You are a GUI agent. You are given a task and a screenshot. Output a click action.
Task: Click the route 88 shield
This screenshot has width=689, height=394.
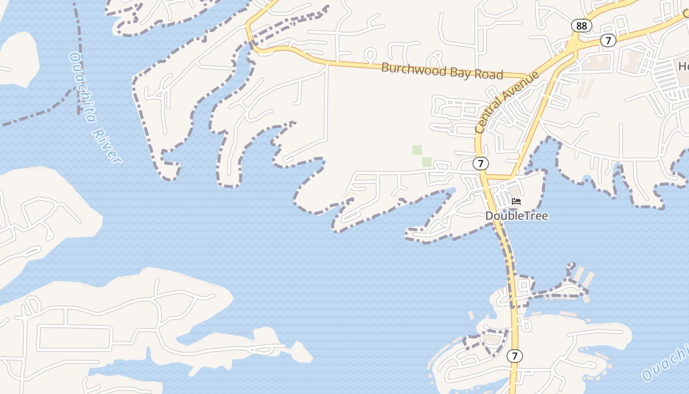tap(581, 26)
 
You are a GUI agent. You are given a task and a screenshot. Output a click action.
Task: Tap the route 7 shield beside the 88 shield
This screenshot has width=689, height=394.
tap(608, 40)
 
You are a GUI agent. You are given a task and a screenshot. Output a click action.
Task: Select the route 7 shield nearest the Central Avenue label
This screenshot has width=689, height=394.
tap(481, 163)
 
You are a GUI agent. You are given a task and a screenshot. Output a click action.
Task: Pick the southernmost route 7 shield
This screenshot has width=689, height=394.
tap(514, 356)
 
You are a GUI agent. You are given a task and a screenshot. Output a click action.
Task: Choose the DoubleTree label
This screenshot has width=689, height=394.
tap(516, 216)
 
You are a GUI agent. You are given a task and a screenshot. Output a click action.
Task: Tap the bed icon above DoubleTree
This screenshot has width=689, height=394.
tap(516, 201)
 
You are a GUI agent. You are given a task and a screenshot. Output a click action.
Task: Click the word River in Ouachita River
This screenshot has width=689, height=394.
tap(106, 146)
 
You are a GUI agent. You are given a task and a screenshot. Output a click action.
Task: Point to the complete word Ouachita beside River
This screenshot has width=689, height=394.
tap(82, 86)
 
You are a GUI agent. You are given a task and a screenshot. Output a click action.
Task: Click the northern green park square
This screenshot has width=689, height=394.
tap(417, 150)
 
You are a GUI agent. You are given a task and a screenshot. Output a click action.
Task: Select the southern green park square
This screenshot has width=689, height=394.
tap(427, 162)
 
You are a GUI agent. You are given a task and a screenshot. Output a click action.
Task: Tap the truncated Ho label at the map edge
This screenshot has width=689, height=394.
tap(684, 66)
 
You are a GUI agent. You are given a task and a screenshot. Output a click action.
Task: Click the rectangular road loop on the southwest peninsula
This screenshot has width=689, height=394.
tap(74, 337)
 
